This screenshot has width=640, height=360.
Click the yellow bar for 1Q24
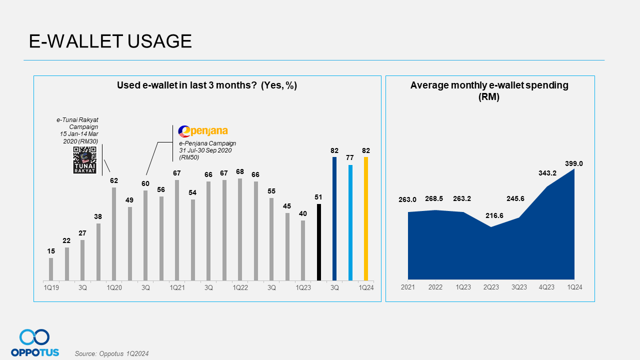pos(366,218)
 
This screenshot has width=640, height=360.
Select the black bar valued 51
pos(319,242)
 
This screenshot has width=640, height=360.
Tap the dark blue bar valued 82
pos(334,218)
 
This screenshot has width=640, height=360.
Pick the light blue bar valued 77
pos(350,222)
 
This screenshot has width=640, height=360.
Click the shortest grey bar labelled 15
pos(51,269)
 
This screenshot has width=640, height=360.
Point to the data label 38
pos(98,217)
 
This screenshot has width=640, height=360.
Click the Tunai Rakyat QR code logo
pos(84,160)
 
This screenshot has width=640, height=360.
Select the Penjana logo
pos(203,131)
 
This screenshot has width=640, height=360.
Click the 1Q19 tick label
pos(51,287)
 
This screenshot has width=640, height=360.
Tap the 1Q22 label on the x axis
pos(240,287)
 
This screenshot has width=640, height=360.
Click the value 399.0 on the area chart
pos(574,163)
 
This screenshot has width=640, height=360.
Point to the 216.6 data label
pos(490,215)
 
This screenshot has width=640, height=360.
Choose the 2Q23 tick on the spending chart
pos(490,287)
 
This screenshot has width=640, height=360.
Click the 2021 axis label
pos(408,287)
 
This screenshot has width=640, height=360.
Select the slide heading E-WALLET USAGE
pos(110,41)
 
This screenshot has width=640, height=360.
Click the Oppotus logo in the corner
pos(34,343)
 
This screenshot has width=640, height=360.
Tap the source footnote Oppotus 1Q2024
pos(111,353)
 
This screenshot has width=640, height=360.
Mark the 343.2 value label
pos(546,172)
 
